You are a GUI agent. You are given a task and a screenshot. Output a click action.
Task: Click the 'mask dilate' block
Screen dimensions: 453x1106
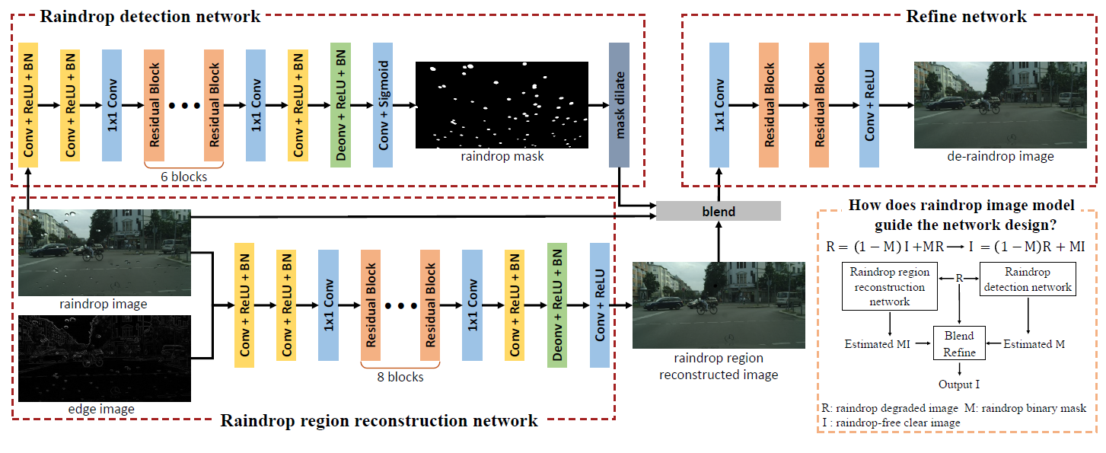coord(619,104)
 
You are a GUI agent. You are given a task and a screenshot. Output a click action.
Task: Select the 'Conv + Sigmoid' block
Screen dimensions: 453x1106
coord(383,104)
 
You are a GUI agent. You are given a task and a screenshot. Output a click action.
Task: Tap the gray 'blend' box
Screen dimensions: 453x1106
coord(719,211)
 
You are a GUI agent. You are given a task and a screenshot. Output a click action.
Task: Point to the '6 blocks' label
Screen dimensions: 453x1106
coord(183,177)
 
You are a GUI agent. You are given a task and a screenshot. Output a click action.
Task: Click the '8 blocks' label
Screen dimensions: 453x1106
coord(400,377)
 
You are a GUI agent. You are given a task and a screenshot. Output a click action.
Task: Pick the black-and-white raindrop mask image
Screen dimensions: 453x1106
coord(502,104)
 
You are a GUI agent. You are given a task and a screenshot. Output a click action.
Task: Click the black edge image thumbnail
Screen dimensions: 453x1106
coord(104,358)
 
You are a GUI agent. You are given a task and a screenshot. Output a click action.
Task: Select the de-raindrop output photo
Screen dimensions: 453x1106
coord(998,104)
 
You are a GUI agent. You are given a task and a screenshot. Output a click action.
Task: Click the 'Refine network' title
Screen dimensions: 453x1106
coord(966,16)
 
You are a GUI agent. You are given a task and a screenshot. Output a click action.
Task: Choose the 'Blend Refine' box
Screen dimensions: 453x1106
coord(959,343)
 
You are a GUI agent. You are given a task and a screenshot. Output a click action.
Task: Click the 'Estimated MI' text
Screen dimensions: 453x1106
coord(878,344)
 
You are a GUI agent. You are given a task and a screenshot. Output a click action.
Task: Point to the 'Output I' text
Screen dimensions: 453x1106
coord(959,384)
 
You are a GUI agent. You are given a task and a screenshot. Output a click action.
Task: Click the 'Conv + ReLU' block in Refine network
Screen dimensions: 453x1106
coord(869,104)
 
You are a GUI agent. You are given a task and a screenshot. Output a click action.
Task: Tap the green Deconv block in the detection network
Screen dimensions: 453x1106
coord(340,104)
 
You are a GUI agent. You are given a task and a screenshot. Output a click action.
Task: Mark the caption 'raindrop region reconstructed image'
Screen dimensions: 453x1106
coord(719,366)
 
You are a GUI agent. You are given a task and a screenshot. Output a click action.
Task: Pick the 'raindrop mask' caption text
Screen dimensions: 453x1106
coord(502,157)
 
